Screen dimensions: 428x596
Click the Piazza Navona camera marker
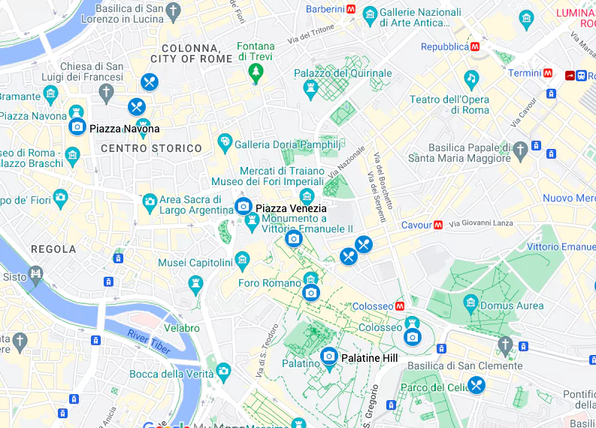(77, 127)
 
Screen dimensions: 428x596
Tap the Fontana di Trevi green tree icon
(256, 73)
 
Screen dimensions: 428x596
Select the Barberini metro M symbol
(351, 10)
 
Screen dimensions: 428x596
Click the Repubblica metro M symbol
(475, 47)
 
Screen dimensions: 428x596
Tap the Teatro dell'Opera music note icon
(471, 78)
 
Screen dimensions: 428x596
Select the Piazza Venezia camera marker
(243, 206)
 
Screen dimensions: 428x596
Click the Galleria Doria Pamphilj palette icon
(224, 142)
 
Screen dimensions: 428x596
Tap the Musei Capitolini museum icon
(242, 261)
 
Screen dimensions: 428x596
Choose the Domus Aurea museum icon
(470, 304)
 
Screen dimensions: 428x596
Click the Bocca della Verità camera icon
(223, 371)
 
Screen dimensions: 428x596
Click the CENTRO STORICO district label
(151, 148)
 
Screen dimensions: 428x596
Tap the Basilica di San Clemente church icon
(505, 346)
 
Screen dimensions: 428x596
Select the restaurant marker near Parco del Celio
(476, 385)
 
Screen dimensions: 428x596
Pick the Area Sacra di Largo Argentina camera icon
(150, 202)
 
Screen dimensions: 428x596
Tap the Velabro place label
(182, 328)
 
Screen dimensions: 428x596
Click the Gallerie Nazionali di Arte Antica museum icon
(370, 14)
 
